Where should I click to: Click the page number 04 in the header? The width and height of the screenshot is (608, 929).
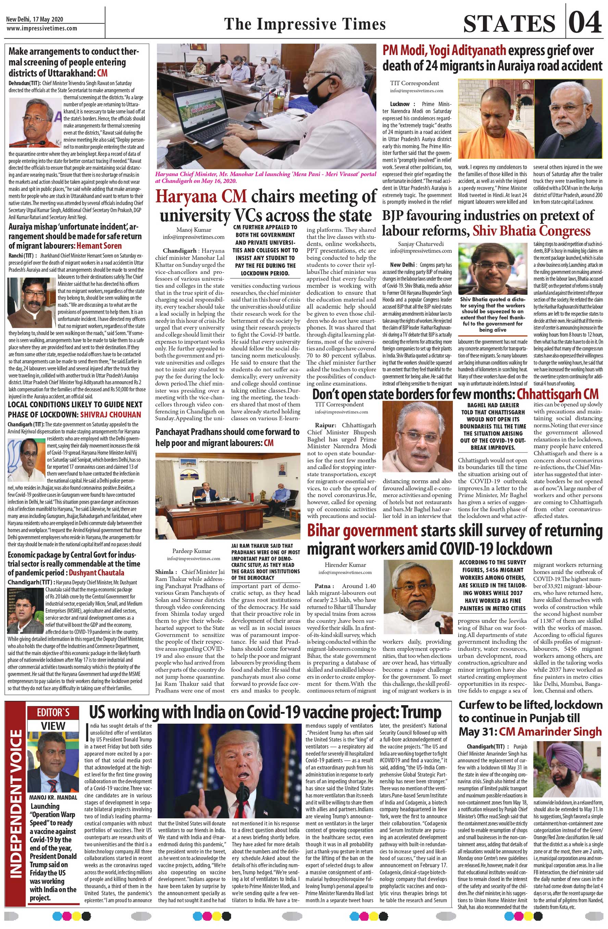point(585,23)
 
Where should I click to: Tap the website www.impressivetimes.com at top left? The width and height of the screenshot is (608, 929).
point(42,28)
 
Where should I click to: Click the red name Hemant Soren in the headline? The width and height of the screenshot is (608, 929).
point(99,246)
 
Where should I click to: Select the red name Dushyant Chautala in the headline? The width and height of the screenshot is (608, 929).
point(97,572)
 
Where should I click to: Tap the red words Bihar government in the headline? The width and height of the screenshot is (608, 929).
point(362,531)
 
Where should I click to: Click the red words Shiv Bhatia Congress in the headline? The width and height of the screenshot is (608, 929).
point(532,231)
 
